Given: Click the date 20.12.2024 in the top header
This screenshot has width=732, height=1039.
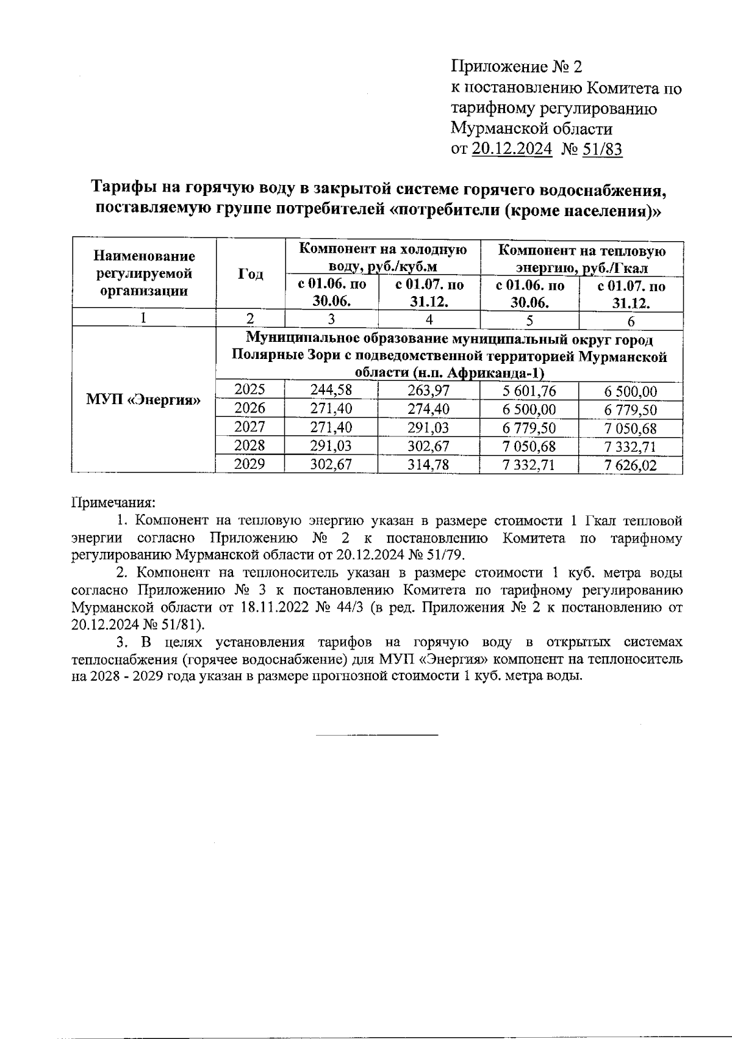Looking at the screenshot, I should [512, 149].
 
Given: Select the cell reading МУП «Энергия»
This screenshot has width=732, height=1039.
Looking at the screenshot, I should [144, 400].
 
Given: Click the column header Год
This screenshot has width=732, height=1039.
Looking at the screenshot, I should [251, 274].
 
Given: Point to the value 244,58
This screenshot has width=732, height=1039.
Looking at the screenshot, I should [331, 391].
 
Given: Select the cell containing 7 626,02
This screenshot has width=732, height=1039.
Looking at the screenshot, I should [631, 465].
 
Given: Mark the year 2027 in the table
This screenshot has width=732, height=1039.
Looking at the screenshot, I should [250, 427].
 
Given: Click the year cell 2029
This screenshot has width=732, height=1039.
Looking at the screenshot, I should [250, 464].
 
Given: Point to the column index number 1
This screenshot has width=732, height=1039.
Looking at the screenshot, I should [143, 319].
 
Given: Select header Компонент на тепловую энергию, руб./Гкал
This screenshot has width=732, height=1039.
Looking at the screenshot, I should [582, 258].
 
